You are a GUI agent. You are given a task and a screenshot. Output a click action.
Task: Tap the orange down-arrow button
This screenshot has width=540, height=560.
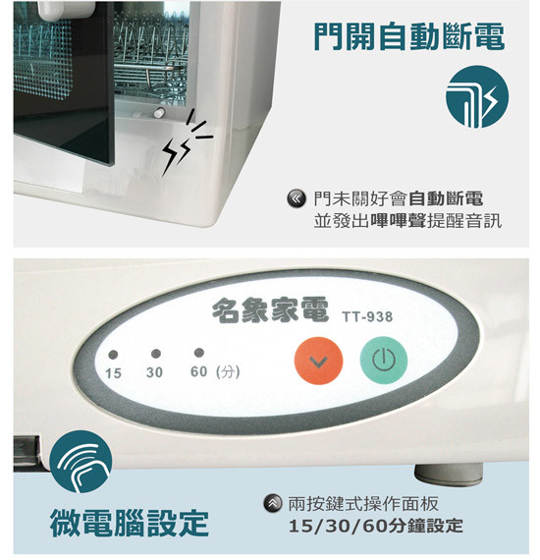coord(318,361)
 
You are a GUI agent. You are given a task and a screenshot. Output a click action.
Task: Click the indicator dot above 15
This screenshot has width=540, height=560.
coord(113,355)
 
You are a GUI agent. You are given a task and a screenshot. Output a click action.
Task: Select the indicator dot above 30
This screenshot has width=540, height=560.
coord(155,354)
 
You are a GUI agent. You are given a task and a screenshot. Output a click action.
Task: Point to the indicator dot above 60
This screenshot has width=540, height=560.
coord(198,353)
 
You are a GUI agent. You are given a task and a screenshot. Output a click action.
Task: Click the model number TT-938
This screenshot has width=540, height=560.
coord(367,316)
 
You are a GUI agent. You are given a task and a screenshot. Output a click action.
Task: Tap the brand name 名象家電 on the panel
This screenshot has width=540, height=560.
coord(270,310)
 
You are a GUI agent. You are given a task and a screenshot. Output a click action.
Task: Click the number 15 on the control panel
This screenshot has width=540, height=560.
coord(114,373)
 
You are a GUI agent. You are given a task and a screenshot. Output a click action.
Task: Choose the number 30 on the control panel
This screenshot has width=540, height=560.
coord(154,372)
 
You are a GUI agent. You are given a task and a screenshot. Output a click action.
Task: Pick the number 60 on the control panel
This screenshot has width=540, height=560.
coord(198,371)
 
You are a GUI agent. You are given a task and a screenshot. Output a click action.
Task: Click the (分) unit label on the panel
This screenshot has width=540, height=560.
coord(228,371)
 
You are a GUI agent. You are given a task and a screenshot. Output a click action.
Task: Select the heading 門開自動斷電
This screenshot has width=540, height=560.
coord(409,36)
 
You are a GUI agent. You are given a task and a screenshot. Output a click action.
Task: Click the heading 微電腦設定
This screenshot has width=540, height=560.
coord(130,523)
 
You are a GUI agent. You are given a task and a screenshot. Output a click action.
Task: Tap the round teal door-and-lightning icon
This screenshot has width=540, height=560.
coord(477,96)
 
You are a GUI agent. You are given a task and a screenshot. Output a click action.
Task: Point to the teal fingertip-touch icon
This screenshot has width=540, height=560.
coord(81,462)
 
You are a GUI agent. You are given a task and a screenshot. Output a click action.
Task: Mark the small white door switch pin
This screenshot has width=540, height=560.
coord(159,113)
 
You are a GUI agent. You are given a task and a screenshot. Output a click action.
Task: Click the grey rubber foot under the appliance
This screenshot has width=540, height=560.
coord(449,475)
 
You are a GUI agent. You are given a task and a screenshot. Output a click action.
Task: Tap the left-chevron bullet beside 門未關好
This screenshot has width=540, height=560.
coord(297,198)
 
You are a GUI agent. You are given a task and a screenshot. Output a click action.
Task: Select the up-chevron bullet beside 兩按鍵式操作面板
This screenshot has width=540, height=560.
coord(272,504)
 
